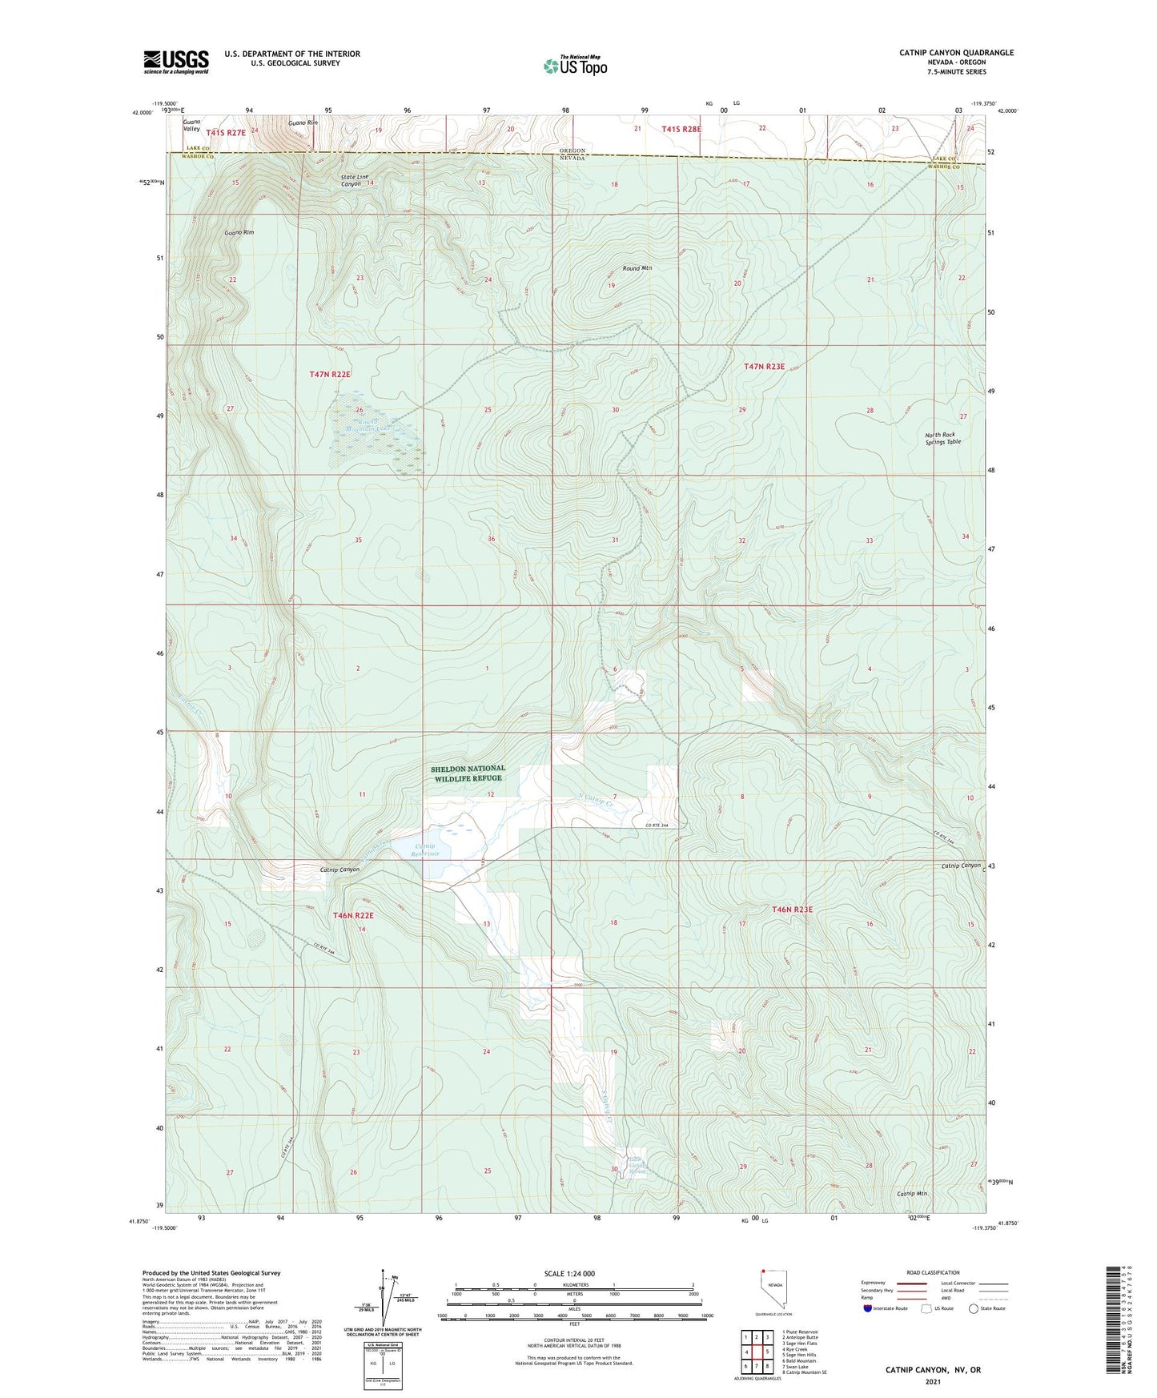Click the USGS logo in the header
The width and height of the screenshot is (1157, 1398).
(x=176, y=62)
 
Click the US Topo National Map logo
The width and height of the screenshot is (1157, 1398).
(x=574, y=66)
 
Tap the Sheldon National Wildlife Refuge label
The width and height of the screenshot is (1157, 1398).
(x=468, y=773)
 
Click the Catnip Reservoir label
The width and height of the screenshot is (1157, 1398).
(x=424, y=850)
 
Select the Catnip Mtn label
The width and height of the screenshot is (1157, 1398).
(x=911, y=1194)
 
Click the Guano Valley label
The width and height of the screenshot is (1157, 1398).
(x=192, y=125)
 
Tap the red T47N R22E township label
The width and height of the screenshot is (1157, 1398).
(x=331, y=374)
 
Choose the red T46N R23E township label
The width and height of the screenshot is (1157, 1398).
(x=792, y=910)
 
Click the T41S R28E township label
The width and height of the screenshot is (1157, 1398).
(x=681, y=129)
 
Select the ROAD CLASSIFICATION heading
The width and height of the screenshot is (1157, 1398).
(x=934, y=1272)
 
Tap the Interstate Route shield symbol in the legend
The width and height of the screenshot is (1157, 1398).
(x=868, y=1308)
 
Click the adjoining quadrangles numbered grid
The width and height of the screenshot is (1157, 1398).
(x=756, y=1352)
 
